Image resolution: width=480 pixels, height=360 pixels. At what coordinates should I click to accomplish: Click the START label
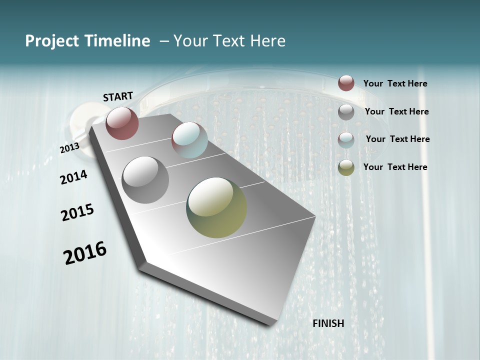point(118,96)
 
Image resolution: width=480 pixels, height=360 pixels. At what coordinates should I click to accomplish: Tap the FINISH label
point(328,323)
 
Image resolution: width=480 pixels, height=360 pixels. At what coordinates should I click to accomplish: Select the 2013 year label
point(69,148)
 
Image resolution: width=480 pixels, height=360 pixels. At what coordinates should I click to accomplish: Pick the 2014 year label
point(74,177)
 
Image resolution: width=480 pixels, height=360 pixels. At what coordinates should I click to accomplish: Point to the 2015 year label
point(77,212)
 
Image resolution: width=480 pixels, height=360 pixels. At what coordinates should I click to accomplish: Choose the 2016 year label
point(85,253)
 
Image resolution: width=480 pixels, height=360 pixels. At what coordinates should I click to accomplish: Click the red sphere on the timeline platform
point(122,123)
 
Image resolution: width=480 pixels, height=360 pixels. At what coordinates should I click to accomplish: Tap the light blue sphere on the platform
point(189,140)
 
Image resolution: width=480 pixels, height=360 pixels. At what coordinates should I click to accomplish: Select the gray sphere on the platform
point(145,180)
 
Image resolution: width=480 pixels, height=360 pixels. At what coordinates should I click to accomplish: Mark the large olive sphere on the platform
point(216,207)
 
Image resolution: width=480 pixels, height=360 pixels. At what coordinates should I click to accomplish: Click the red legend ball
point(346,83)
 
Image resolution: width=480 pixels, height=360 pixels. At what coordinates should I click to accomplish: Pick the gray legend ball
point(346,111)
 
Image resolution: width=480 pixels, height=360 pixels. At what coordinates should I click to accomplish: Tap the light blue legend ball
point(346,139)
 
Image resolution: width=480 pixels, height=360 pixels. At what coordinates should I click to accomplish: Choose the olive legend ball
point(346,167)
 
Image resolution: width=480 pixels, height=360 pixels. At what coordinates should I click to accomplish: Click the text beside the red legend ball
point(395,83)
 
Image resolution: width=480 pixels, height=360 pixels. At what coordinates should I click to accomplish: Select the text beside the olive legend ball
point(395,167)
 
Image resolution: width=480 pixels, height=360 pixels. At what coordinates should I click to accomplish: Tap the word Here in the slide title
point(267,41)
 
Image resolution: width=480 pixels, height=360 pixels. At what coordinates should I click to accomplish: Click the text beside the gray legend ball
point(396,111)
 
